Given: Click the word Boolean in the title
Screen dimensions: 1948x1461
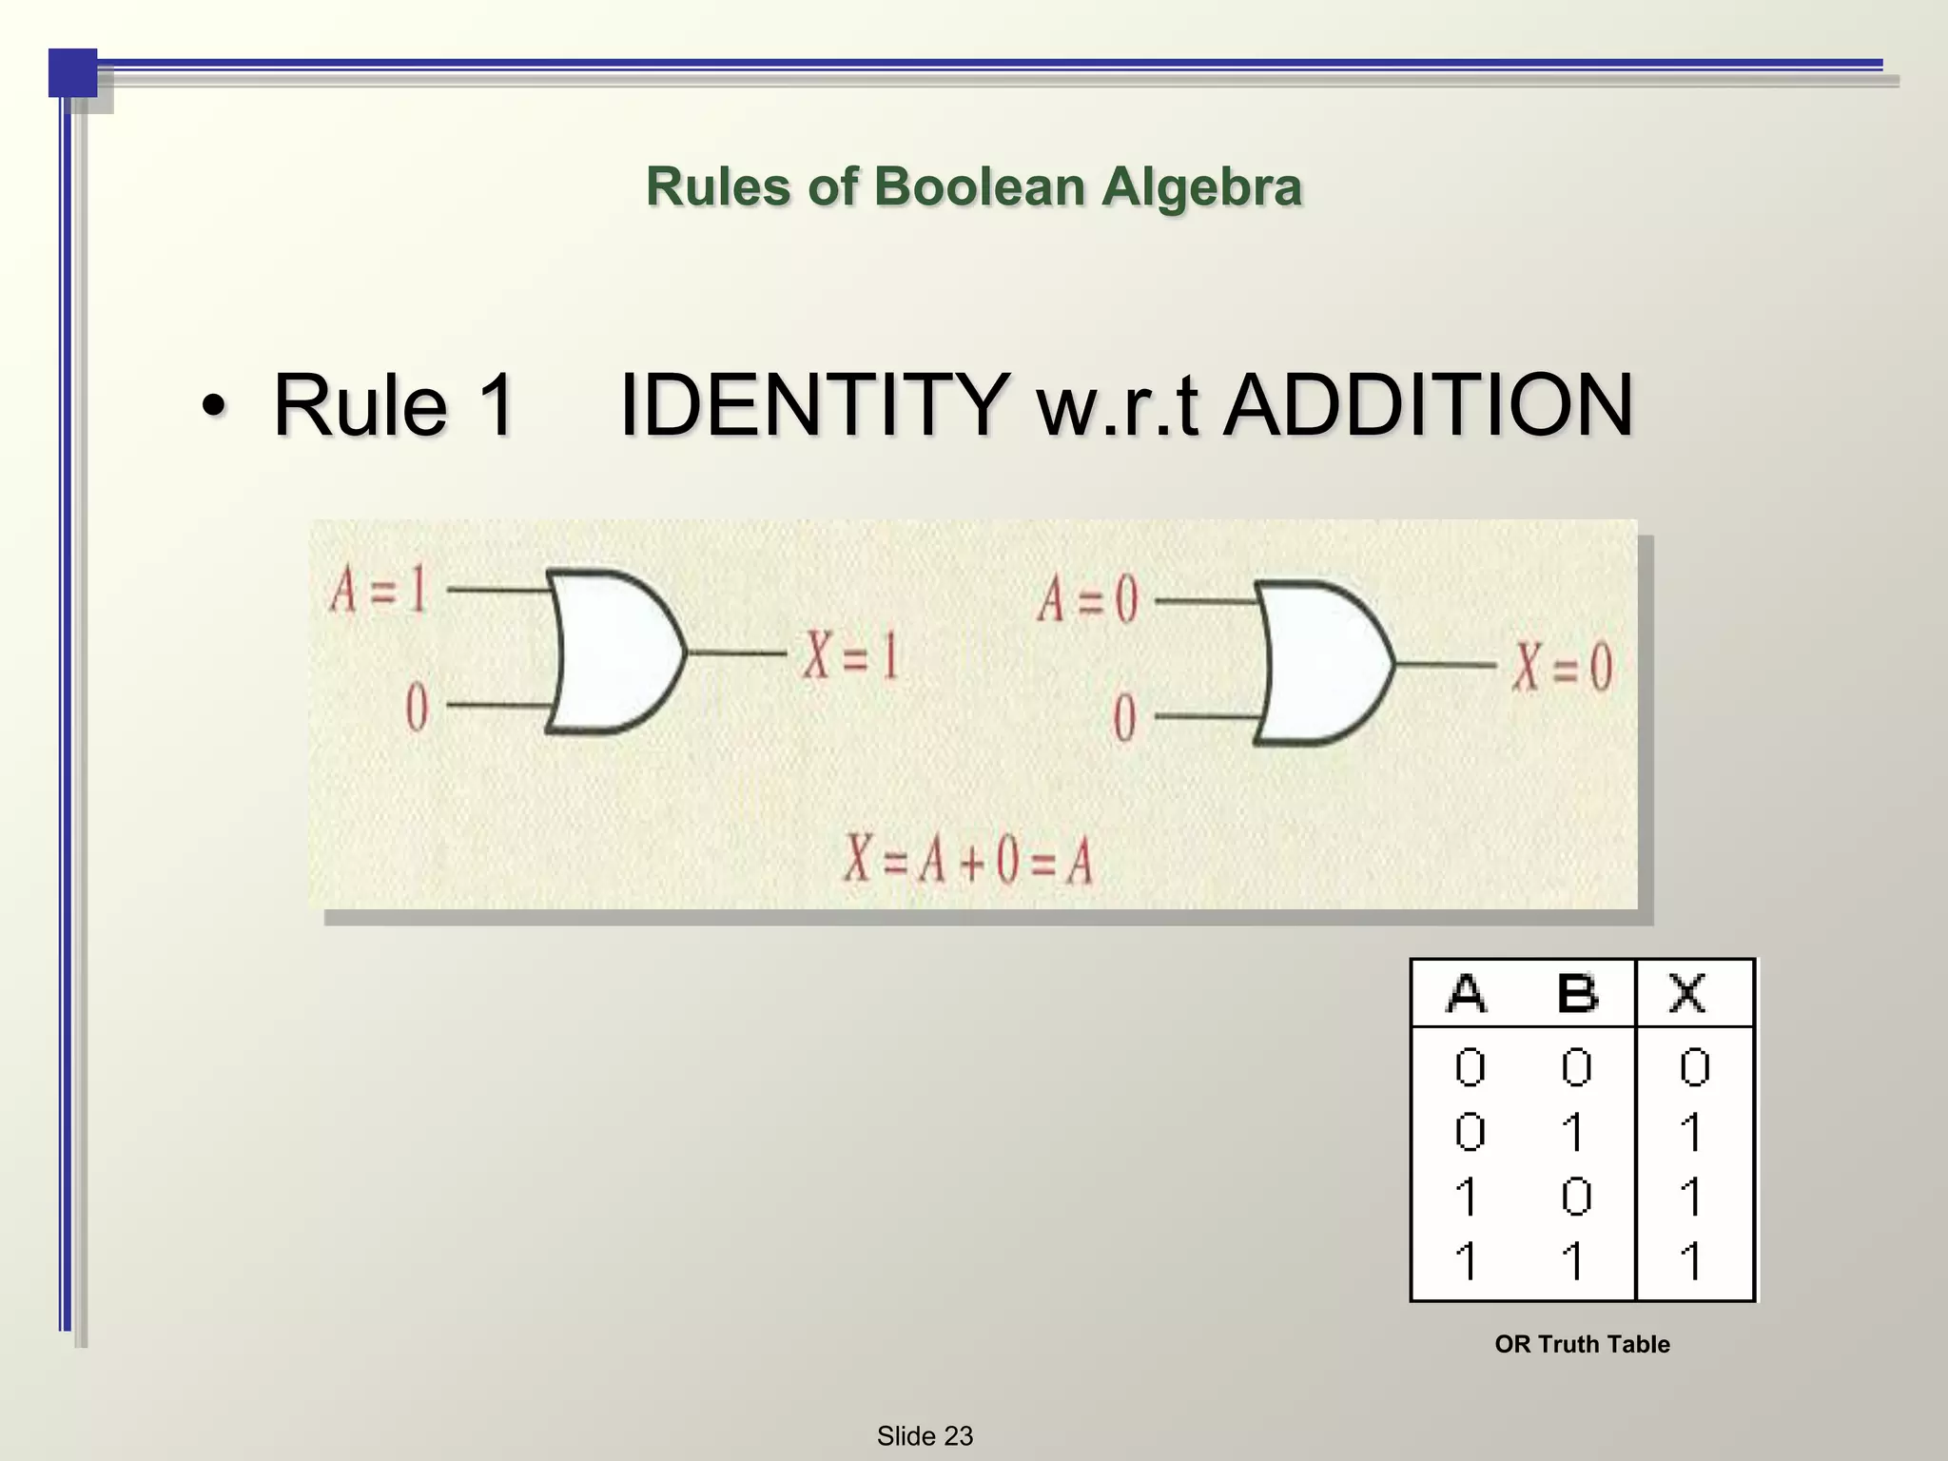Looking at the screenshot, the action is point(979,186).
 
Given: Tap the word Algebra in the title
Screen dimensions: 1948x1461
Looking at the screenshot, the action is point(1201,187).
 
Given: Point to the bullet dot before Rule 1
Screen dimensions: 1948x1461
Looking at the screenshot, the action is point(215,407).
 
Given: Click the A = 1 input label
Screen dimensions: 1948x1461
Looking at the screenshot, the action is point(379,590).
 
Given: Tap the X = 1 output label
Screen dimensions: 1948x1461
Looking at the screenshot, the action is point(850,655).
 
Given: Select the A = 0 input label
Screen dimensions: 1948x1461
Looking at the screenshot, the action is point(1087,600).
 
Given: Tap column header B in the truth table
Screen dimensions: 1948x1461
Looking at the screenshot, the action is point(1577,994).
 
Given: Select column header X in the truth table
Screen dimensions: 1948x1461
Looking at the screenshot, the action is point(1688,994).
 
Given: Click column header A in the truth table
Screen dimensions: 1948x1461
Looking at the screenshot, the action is point(1467,994).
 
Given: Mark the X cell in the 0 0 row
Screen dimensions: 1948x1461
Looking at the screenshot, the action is point(1694,1067).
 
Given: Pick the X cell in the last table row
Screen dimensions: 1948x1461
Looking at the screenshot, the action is point(1691,1261).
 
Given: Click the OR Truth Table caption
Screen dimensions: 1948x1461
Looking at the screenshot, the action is point(1582,1344).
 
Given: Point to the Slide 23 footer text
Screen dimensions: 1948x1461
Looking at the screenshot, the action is point(925,1435).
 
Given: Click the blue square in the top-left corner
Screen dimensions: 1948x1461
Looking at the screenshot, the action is point(72,72).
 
